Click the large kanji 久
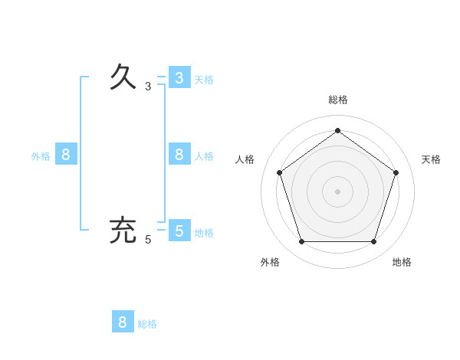pyautogui.click(x=123, y=77)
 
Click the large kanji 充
pyautogui.click(x=123, y=231)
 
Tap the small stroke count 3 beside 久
pyautogui.click(x=148, y=87)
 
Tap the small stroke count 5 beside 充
pyautogui.click(x=148, y=240)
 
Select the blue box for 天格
pyautogui.click(x=179, y=78)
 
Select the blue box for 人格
pyautogui.click(x=179, y=155)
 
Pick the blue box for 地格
pyautogui.click(x=179, y=231)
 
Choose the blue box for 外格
pyautogui.click(x=66, y=155)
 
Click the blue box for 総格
pyautogui.click(x=123, y=322)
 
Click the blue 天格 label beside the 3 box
pyautogui.click(x=204, y=80)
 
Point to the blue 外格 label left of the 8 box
pyautogui.click(x=41, y=156)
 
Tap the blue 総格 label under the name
pyautogui.click(x=147, y=324)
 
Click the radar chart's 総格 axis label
pyautogui.click(x=338, y=100)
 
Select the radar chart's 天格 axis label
pyautogui.click(x=431, y=159)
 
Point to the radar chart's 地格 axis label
pyautogui.click(x=402, y=262)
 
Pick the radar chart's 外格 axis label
pyautogui.click(x=270, y=262)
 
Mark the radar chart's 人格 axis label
pyautogui.click(x=245, y=159)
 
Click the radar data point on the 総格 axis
pyautogui.click(x=337, y=130)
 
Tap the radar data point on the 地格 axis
pyautogui.click(x=373, y=242)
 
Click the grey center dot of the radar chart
pyautogui.click(x=337, y=191)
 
